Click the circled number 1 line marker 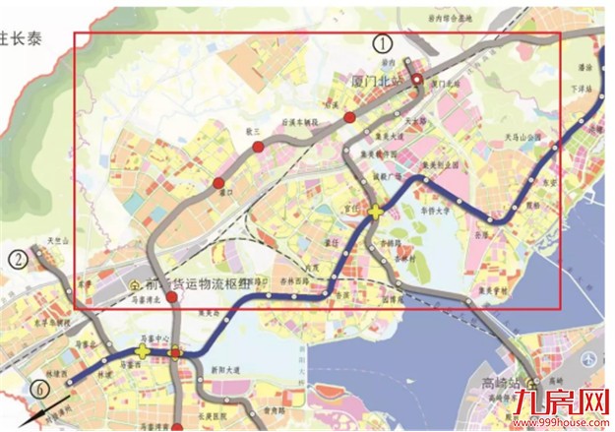point(383,42)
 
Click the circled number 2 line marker point(18,260)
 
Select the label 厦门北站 point(380,79)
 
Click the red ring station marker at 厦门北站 point(417,80)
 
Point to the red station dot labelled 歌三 point(258,147)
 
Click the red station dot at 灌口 point(218,183)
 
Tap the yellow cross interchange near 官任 point(376,210)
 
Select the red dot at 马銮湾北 point(171,297)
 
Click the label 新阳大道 point(227,372)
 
